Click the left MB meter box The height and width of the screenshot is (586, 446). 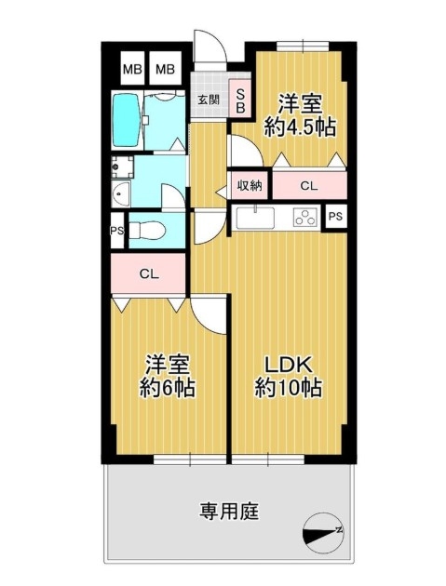pyautogui.click(x=132, y=69)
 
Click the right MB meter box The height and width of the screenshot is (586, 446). pyautogui.click(x=165, y=69)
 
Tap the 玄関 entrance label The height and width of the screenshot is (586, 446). pyautogui.click(x=209, y=100)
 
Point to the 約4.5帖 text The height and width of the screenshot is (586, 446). pyautogui.click(x=300, y=127)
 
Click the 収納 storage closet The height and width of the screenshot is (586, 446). pyautogui.click(x=250, y=185)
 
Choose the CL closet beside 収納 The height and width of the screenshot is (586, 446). pyautogui.click(x=309, y=185)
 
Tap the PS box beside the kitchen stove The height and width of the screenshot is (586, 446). pyautogui.click(x=335, y=216)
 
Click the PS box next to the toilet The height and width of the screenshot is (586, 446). pyautogui.click(x=117, y=231)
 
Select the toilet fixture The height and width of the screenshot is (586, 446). pyautogui.click(x=147, y=231)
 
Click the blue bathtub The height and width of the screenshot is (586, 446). pyautogui.click(x=126, y=120)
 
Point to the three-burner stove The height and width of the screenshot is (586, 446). pyautogui.click(x=305, y=218)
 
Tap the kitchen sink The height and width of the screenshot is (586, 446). pyautogui.click(x=255, y=218)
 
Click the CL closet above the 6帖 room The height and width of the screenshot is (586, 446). pyautogui.click(x=148, y=273)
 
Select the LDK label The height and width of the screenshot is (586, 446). pyautogui.click(x=289, y=366)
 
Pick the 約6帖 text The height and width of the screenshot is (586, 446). pyautogui.click(x=168, y=387)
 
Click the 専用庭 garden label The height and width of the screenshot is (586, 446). pyautogui.click(x=229, y=512)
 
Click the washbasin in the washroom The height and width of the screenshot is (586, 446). pyautogui.click(x=120, y=193)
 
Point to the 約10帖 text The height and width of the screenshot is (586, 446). pyautogui.click(x=289, y=387)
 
